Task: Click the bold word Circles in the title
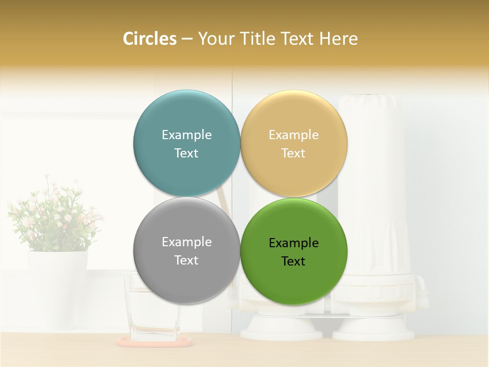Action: pos(150,39)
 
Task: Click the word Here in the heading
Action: pos(339,39)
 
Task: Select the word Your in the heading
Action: pos(214,39)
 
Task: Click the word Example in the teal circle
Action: pos(186,135)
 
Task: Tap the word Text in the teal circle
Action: pos(186,153)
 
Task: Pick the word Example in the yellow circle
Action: pos(293,135)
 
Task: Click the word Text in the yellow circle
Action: pos(293,153)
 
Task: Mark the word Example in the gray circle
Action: pos(186,242)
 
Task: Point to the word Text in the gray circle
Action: pos(186,260)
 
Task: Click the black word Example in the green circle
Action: pos(293,243)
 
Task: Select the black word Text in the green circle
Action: pos(293,261)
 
